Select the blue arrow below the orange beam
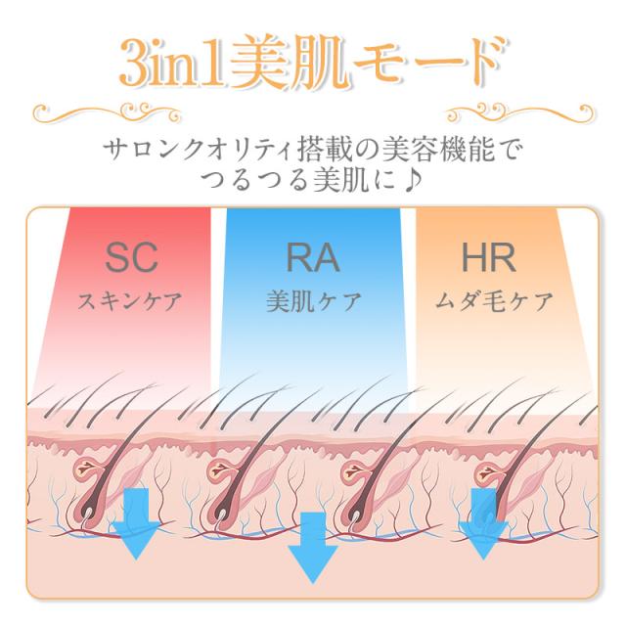(x=482, y=523)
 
